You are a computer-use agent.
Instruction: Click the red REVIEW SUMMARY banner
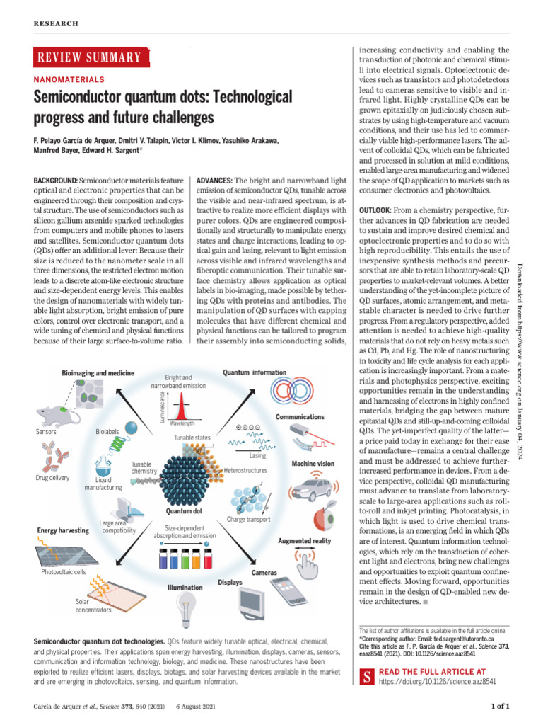[x=91, y=58]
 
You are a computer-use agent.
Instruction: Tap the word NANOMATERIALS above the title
[x=69, y=80]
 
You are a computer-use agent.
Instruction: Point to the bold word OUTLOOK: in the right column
[x=381, y=211]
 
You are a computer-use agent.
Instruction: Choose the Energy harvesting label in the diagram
[x=62, y=530]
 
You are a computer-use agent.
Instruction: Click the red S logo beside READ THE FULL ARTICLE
[x=367, y=676]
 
